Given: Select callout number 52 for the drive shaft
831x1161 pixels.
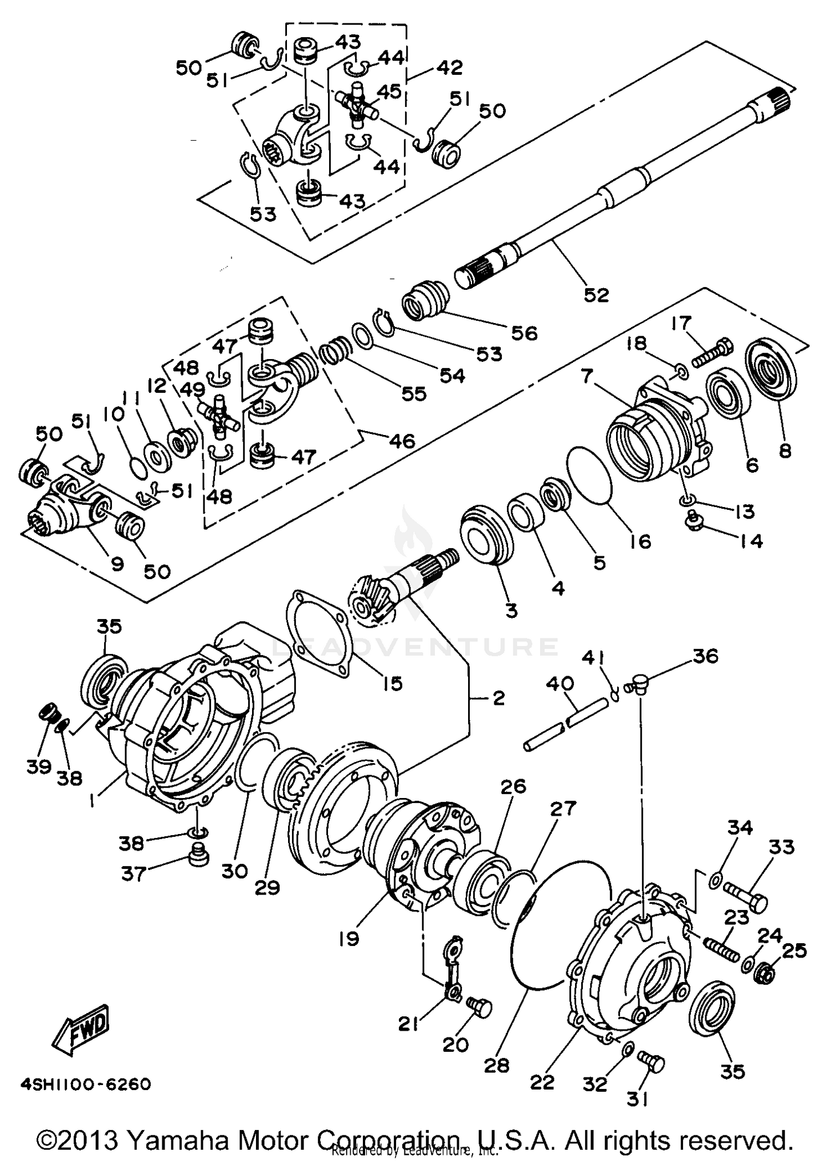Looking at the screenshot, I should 596,295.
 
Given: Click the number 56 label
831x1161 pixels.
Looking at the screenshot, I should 524,333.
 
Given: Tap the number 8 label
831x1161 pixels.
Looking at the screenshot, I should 785,451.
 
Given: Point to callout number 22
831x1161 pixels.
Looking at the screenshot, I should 542,1082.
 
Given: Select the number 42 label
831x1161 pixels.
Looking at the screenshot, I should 449,68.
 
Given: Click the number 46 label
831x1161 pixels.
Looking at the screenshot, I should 402,441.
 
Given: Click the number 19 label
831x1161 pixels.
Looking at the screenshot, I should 349,939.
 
